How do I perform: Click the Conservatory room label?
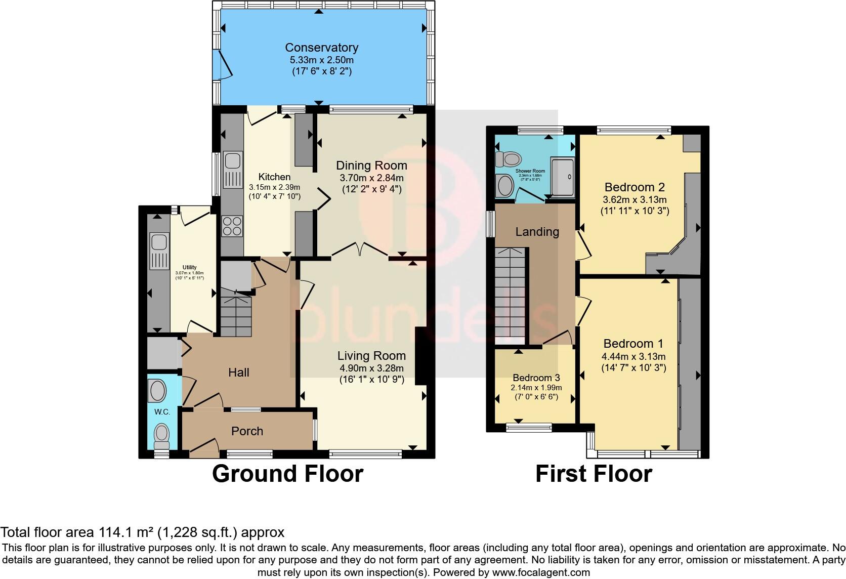click(321, 48)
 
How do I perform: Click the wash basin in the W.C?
click(158, 391)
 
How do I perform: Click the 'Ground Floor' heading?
click(287, 474)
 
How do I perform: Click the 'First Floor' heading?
click(594, 474)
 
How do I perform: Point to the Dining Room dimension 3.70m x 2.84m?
click(371, 178)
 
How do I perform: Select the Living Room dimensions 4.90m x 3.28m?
click(371, 368)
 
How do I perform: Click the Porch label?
click(247, 431)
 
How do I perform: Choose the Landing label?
click(537, 232)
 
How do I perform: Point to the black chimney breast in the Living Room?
click(421, 357)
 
